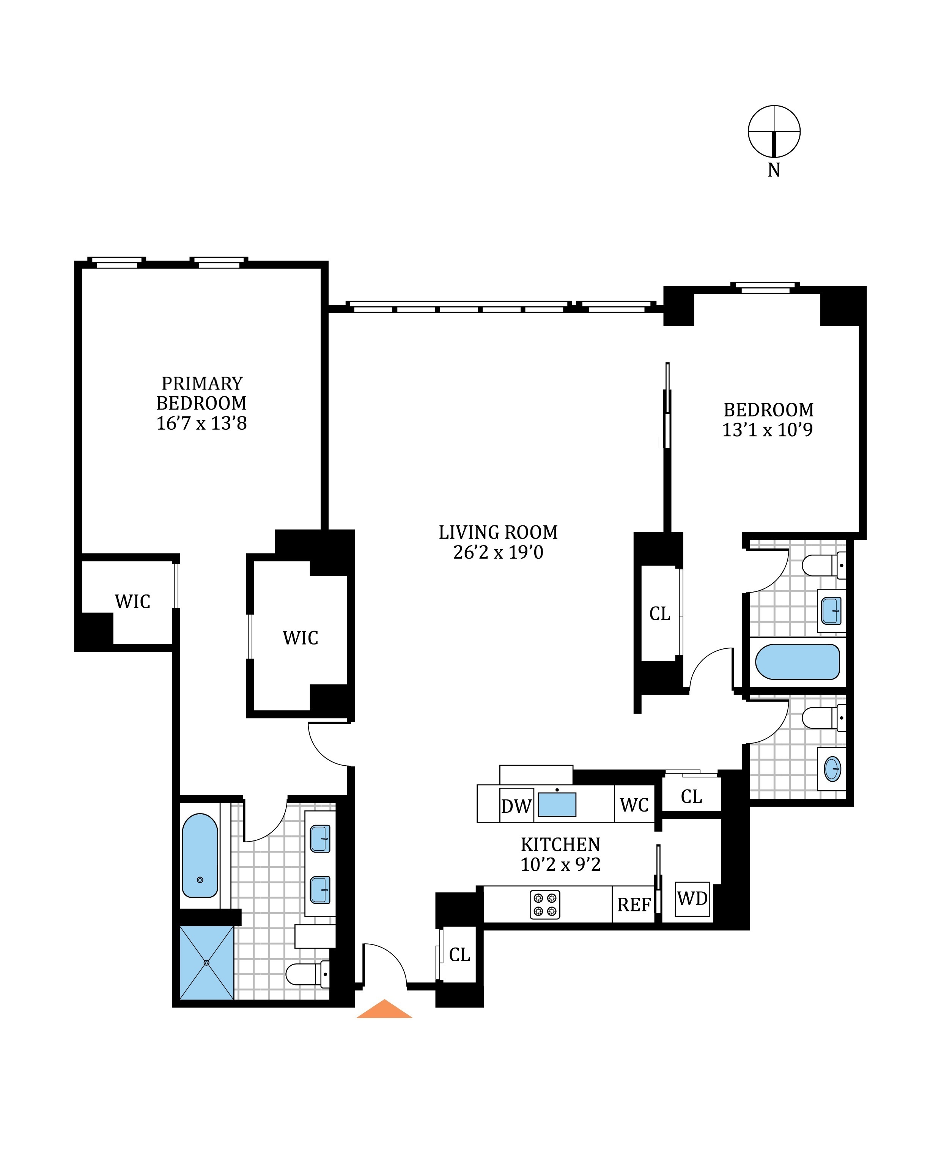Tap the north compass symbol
coord(774,131)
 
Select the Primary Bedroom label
coord(201,393)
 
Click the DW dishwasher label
coord(516,806)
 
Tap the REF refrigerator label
coord(634,905)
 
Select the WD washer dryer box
coord(692,899)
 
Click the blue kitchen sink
coord(557,805)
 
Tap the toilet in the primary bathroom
coord(306,974)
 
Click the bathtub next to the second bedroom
coord(797,662)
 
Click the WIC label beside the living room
coord(300,638)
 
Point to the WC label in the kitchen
coord(634,805)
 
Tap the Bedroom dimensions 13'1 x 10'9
coord(768,430)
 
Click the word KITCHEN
coord(560,844)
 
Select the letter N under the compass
coord(774,170)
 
